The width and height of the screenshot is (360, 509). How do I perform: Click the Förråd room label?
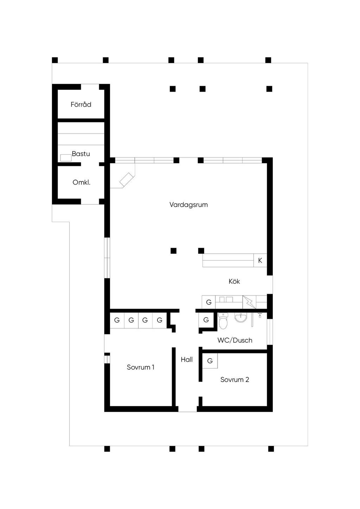pyautogui.click(x=81, y=104)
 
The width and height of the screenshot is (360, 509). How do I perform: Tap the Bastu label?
pyautogui.click(x=81, y=154)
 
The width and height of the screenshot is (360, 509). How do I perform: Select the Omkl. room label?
pyautogui.click(x=81, y=182)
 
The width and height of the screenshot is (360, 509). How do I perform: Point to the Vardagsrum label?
pyautogui.click(x=189, y=205)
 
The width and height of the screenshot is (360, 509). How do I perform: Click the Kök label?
pyautogui.click(x=234, y=281)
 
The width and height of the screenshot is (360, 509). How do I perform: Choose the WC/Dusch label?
pyautogui.click(x=235, y=340)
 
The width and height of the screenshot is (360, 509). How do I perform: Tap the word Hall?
pyautogui.click(x=187, y=360)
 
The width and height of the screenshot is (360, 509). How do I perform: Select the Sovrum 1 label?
pyautogui.click(x=141, y=367)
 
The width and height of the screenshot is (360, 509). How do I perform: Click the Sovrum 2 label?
pyautogui.click(x=235, y=380)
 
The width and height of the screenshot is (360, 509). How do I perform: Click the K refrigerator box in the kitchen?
pyautogui.click(x=260, y=260)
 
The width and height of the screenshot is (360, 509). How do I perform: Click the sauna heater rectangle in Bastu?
pyautogui.click(x=66, y=158)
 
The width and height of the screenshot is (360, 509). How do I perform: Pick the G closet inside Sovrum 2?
pyautogui.click(x=210, y=361)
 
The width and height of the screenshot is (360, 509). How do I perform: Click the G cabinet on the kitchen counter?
pyautogui.click(x=208, y=302)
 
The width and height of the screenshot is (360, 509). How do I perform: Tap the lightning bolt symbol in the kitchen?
pyautogui.click(x=249, y=302)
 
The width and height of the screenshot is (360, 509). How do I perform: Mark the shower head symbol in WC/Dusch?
pyautogui.click(x=260, y=315)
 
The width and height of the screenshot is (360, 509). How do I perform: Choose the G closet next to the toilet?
pyautogui.click(x=206, y=320)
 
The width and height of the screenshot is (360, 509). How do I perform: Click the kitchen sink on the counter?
pyautogui.click(x=226, y=299)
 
